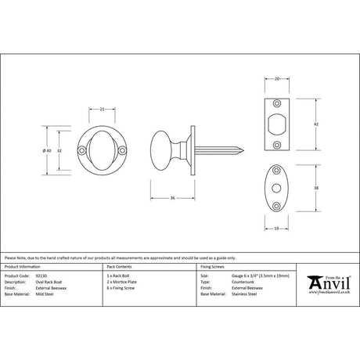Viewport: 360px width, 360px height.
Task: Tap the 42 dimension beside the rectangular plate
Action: tap(315, 124)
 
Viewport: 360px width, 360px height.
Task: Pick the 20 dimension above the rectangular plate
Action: tap(277, 78)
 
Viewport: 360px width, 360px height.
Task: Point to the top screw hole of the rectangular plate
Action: tap(278, 103)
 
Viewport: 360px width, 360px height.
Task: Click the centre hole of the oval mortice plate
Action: tap(277, 187)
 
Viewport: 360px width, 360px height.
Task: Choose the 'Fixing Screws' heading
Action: tap(214, 268)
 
